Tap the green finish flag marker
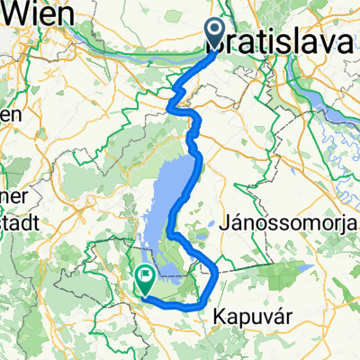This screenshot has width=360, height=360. click(145, 280)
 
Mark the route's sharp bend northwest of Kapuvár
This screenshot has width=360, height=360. click(217, 268)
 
